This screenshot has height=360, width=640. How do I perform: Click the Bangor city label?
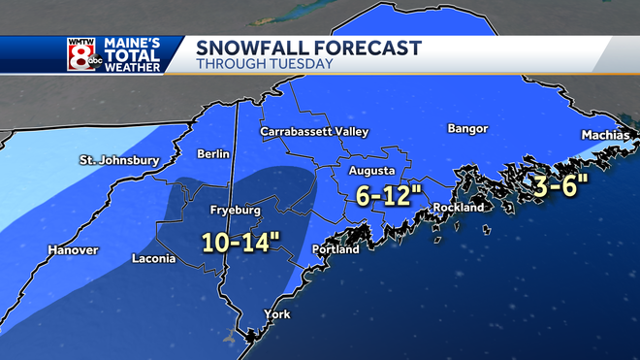[x=467, y=129]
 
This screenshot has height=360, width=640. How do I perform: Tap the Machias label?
[x=605, y=135]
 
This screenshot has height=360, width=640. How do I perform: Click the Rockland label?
[x=458, y=208]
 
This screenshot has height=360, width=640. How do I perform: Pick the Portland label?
[x=336, y=249]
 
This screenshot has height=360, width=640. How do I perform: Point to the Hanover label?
[x=73, y=250]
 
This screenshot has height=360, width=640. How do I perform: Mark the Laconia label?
[x=154, y=259]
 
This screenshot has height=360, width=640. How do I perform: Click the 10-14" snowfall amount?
[x=241, y=240]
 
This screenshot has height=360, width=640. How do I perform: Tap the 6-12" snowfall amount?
[x=389, y=195]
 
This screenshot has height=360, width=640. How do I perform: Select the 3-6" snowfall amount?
[x=555, y=185]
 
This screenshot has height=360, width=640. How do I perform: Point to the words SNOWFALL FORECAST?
[x=308, y=48]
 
